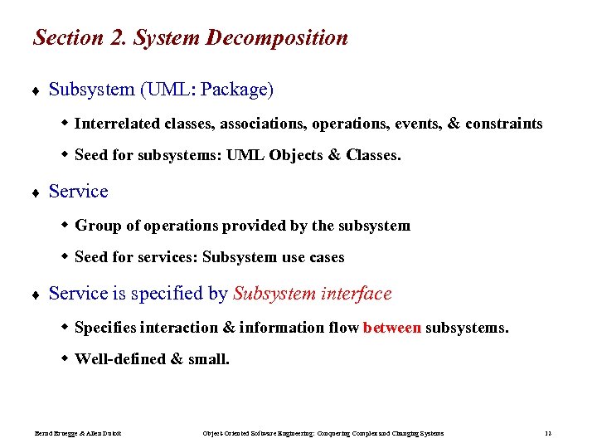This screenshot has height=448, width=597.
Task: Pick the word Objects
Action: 297,155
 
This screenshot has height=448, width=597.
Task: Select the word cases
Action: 326,257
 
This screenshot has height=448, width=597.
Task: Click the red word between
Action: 392,328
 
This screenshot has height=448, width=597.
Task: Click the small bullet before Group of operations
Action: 65,225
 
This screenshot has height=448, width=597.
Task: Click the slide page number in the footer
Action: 548,433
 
